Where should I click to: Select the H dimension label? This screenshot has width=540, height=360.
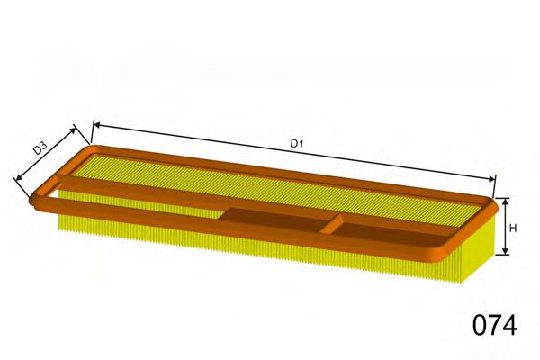tap(513, 228)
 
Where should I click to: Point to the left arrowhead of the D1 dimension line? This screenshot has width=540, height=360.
tap(94, 124)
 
